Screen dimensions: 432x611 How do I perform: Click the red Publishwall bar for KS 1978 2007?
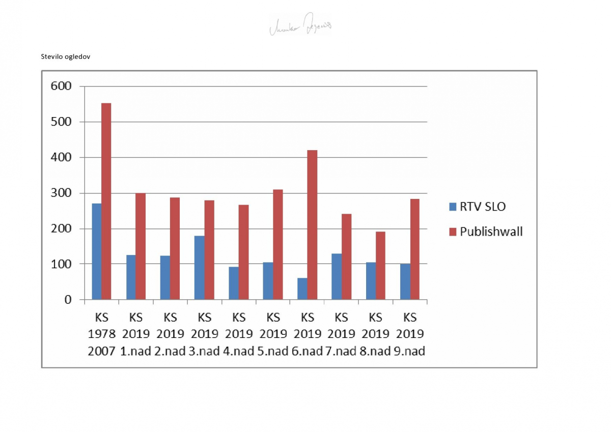[106, 201]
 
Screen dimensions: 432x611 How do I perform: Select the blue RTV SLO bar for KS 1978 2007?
[97, 251]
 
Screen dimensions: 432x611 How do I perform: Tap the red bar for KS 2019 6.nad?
[312, 224]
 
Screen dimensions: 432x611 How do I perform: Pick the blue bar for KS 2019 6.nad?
[302, 289]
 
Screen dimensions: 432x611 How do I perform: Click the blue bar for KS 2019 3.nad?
[200, 268]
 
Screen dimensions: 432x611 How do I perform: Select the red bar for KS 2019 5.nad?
[278, 244]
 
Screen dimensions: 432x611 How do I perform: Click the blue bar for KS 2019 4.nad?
[234, 283]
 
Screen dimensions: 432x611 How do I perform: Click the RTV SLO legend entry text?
[483, 207]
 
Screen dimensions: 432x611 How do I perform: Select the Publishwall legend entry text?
[491, 232]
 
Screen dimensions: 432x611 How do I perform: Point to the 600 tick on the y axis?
[61, 86]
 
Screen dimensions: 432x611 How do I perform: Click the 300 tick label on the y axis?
[61, 193]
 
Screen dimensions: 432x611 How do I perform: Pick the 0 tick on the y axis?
[67, 300]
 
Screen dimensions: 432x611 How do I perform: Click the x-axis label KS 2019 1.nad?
[136, 334]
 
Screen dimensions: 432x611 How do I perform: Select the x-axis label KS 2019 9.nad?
[410, 334]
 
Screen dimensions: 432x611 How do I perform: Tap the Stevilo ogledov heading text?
[66, 56]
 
